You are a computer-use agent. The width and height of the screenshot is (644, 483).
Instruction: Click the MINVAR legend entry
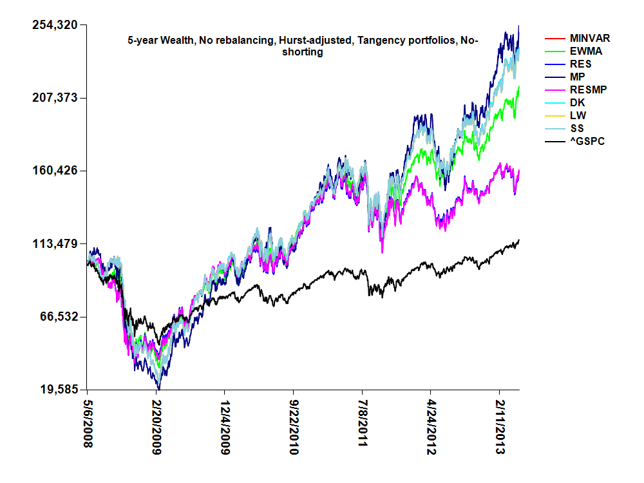coord(590,39)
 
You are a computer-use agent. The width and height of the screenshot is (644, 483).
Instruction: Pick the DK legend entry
coord(578,102)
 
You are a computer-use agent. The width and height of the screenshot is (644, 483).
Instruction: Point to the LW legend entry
coord(578,115)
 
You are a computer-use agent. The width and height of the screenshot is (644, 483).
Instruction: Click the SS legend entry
coord(578,128)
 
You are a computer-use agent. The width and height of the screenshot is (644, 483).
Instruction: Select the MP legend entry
coord(578,77)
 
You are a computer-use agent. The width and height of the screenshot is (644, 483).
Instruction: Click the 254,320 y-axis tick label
coord(55,25)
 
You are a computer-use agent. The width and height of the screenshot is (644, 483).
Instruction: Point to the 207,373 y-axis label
coord(55,98)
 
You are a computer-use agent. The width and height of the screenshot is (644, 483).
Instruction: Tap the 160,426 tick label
coord(55,171)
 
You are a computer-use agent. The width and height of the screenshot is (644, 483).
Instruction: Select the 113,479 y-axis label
coord(55,244)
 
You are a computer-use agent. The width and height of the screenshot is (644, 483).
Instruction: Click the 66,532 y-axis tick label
coord(57,317)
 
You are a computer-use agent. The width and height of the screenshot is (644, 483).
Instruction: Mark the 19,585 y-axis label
coord(57,390)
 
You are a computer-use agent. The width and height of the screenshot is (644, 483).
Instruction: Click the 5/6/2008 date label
coord(88,427)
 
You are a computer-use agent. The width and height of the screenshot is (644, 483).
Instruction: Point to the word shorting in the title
coord(303,52)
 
